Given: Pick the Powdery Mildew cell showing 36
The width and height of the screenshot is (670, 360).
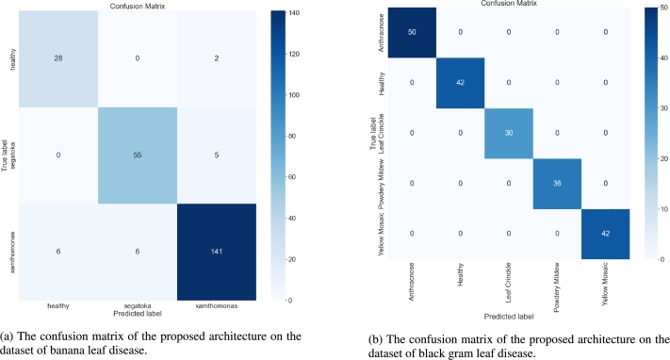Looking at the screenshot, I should [x=556, y=182].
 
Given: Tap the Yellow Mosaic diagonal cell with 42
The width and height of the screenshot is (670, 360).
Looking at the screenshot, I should [x=604, y=232].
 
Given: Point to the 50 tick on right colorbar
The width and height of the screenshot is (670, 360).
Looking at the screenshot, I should [x=654, y=8].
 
